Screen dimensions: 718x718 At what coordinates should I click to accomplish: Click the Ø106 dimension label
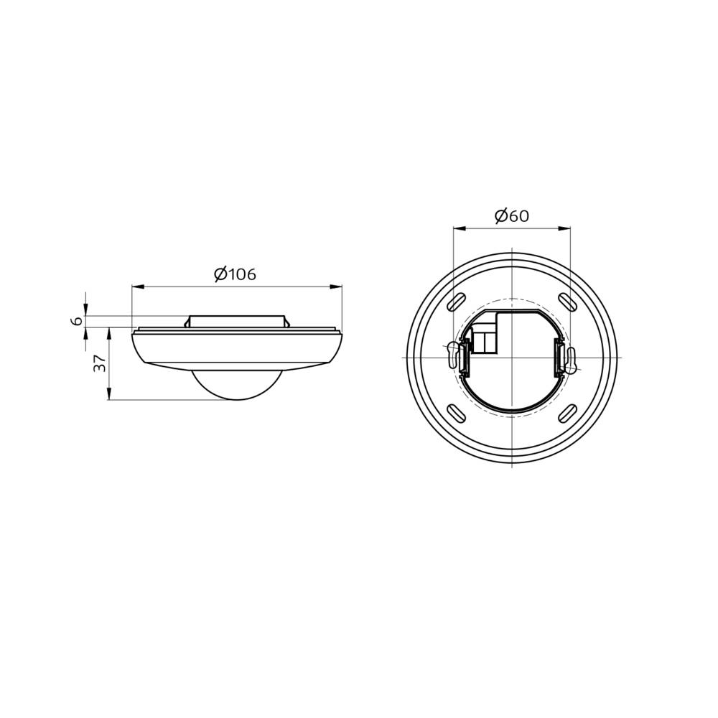(x=235, y=274)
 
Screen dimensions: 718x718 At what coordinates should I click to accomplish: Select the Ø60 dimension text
(x=512, y=215)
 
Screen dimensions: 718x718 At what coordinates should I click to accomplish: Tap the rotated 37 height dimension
(x=101, y=363)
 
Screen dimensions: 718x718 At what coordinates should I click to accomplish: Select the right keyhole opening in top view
(x=571, y=360)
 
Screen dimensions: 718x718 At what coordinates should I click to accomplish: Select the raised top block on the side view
(x=236, y=321)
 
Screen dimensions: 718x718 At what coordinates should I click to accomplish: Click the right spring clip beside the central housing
(x=558, y=358)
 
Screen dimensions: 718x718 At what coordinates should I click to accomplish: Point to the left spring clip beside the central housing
(x=464, y=358)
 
